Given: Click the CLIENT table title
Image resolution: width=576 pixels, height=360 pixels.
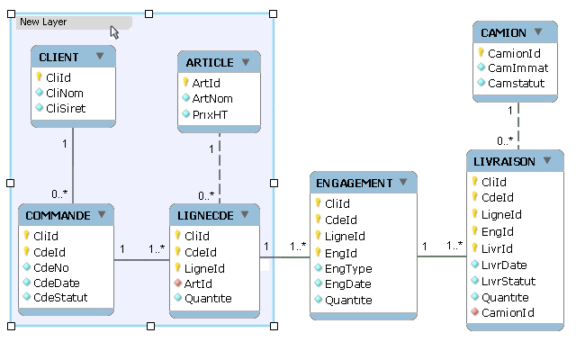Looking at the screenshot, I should tap(59, 57).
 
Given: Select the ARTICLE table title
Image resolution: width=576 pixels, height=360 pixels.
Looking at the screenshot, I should tap(210, 63).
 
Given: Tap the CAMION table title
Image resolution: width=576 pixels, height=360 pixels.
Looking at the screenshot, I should tap(503, 33).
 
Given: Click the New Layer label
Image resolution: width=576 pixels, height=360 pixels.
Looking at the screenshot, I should tap(42, 22).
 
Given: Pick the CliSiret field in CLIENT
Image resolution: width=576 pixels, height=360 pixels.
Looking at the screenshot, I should tap(65, 108).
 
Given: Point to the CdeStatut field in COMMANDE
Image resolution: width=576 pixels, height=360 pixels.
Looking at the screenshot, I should tap(59, 296).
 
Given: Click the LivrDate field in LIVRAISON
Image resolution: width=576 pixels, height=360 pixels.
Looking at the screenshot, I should tap(505, 264).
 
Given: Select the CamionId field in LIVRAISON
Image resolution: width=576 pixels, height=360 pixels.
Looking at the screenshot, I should tap(508, 312).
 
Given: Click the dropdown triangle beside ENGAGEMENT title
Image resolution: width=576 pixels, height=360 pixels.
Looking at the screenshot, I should tap(403, 183).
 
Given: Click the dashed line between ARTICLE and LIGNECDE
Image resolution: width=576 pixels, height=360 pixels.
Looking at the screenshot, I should tap(220, 171).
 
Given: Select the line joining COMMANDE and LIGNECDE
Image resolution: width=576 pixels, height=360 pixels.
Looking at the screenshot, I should tap(141, 260).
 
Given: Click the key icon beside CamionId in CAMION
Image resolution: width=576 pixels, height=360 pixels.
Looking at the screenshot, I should tap(481, 53).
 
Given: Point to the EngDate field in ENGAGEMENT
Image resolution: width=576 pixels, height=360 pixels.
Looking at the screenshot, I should tap(347, 284).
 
